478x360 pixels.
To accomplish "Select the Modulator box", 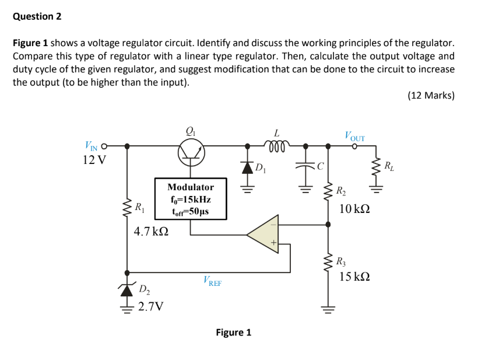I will pyautogui.click(x=191, y=199).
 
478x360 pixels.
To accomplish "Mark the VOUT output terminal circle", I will pyautogui.click(x=354, y=146).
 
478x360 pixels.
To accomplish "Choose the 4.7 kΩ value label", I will pyautogui.click(x=151, y=232).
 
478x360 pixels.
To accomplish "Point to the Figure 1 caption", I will pyautogui.click(x=233, y=333).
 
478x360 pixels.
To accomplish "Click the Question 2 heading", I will pyautogui.click(x=37, y=16).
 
